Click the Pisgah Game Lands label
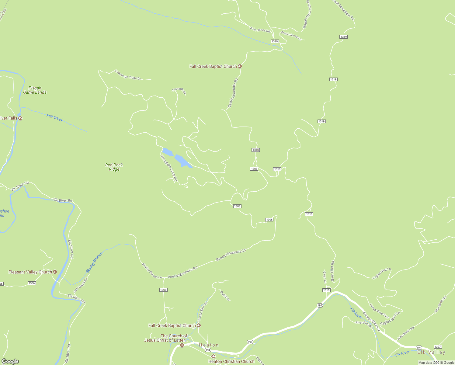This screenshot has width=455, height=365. click(35, 90)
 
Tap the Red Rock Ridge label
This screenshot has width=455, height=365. click(114, 167)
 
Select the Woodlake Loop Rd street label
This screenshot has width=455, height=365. click(168, 168)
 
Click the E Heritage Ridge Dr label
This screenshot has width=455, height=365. click(128, 75)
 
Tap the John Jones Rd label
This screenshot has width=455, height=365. click(260, 30)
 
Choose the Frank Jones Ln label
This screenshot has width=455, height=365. click(291, 36)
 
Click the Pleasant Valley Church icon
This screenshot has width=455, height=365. click(55, 272)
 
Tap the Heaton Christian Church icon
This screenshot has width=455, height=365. click(213, 356)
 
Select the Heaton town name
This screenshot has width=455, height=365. click(209, 345)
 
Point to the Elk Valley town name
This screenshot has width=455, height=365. click(431, 352)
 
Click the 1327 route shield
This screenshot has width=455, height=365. click(438, 347)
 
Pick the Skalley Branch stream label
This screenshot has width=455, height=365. click(94, 263)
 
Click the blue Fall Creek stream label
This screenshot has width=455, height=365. click(55, 118)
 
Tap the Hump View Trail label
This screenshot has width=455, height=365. click(379, 311)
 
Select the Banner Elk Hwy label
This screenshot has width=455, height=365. click(371, 321)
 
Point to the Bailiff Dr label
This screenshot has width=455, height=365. click(225, 296)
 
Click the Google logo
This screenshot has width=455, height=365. click(10, 361)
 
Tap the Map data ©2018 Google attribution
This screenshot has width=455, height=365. click(436, 363)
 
